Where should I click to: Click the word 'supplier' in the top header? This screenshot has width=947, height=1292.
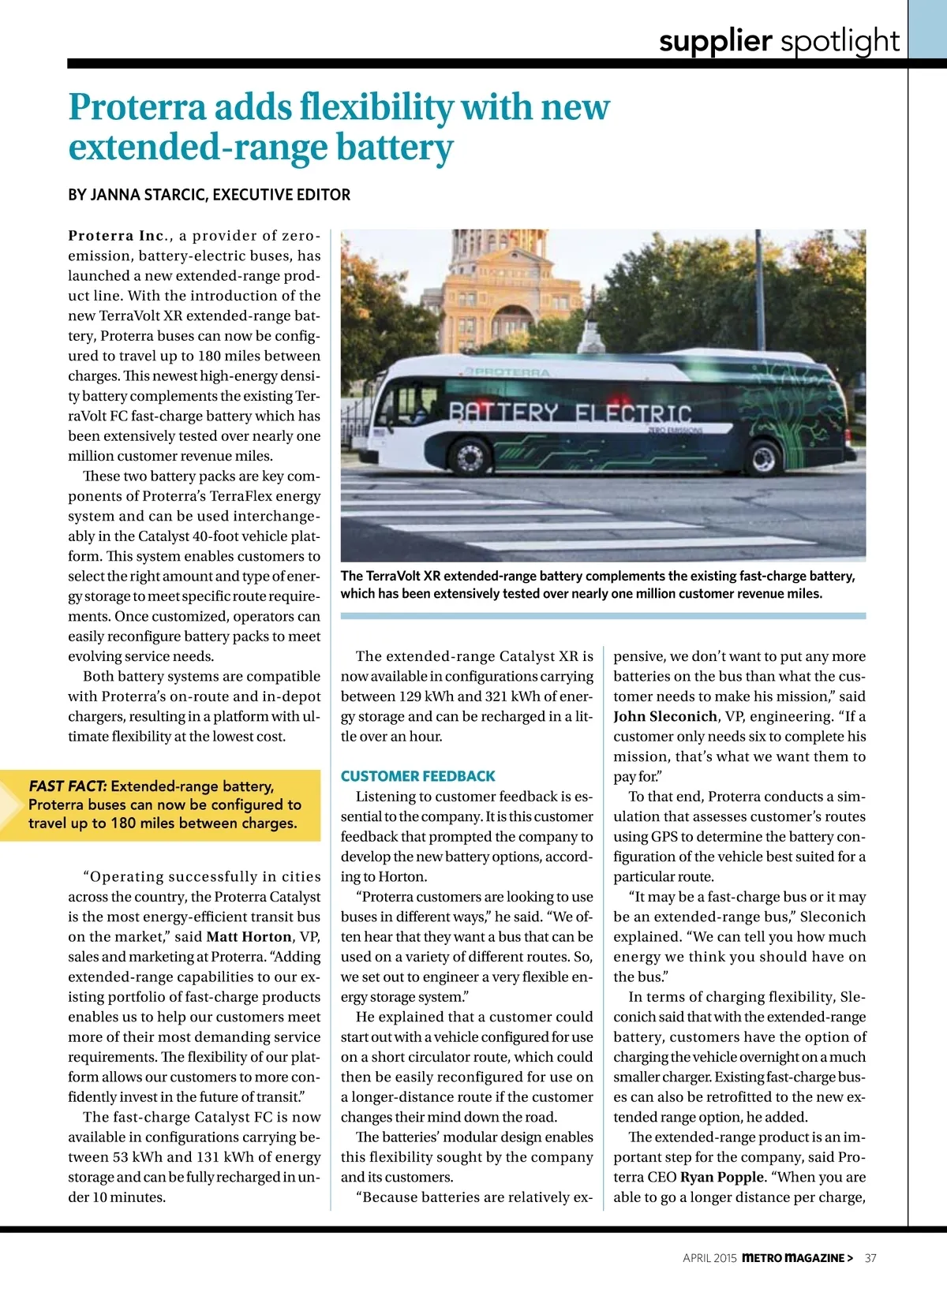715,41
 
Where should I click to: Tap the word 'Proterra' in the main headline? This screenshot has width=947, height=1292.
137,107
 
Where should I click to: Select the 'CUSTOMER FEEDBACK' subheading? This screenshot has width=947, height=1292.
417,776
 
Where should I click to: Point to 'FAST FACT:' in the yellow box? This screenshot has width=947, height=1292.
68,786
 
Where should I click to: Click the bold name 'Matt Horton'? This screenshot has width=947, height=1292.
249,937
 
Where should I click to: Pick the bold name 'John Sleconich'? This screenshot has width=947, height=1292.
665,716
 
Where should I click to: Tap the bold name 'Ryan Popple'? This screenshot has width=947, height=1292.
721,1177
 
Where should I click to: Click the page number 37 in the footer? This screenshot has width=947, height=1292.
870,1258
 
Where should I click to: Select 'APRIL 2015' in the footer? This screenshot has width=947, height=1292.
709,1258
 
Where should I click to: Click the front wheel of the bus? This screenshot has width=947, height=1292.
470,456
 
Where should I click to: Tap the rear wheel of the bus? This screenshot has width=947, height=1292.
763,458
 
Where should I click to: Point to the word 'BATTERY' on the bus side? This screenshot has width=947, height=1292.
503,413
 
